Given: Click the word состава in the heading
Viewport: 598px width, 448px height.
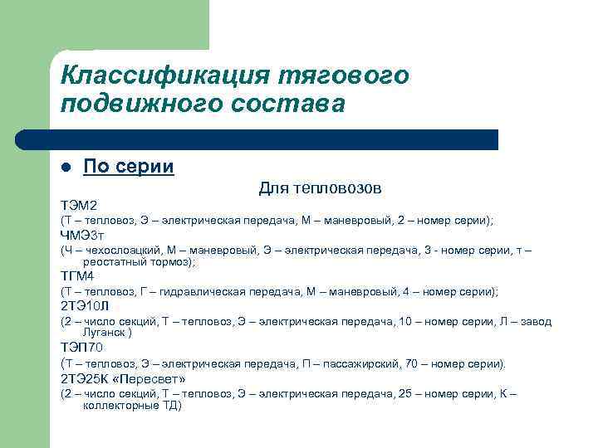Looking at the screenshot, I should [x=282, y=105].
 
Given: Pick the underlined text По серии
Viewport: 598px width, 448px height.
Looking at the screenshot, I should [x=129, y=167].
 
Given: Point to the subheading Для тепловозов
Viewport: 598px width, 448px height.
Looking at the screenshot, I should [x=320, y=188].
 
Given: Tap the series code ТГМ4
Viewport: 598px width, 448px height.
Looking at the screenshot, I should [x=77, y=275].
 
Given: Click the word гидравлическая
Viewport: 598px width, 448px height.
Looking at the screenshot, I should [x=214, y=292].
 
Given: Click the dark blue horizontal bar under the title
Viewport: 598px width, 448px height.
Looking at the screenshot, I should [x=257, y=139].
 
